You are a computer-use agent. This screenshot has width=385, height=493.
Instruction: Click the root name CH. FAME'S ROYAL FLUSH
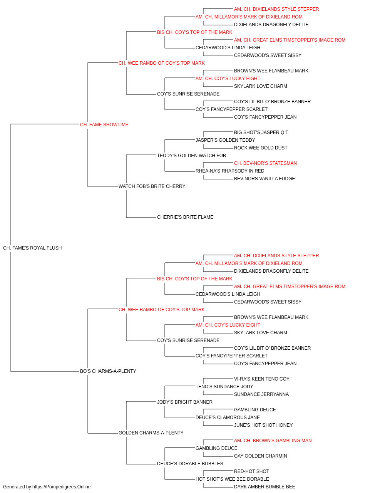32,248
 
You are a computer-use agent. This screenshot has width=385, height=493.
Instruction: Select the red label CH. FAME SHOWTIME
104,124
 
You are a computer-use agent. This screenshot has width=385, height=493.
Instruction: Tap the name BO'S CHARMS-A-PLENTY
108,371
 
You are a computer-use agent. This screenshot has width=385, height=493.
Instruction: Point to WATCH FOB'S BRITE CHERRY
152,186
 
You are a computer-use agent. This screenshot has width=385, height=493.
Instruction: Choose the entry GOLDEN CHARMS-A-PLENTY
151,433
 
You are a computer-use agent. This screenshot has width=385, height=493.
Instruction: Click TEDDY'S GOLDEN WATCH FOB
191,155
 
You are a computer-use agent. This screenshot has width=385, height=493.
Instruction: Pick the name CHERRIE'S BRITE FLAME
185,217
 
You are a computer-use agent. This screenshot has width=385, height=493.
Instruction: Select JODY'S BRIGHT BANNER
185,402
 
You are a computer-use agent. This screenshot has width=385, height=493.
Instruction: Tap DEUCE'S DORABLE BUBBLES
190,464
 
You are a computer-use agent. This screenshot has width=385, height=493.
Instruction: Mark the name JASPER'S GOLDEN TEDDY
225,140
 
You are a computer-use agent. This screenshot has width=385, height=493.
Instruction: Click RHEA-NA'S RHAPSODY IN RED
230,171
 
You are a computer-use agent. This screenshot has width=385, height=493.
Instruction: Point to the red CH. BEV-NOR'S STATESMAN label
265,163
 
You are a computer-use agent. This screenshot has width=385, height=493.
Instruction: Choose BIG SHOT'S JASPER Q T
261,132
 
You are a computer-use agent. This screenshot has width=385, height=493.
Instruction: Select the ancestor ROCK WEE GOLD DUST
261,148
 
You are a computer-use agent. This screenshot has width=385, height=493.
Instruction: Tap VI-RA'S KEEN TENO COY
262,379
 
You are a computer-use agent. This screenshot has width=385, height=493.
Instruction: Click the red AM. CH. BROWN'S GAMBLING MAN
273,441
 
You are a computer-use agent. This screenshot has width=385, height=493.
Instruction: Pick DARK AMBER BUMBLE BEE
264,487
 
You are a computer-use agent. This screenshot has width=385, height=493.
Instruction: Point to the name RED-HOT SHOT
251,471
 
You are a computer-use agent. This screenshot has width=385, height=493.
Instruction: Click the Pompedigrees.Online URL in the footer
62,487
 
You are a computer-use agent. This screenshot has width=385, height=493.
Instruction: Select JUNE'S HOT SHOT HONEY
263,425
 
